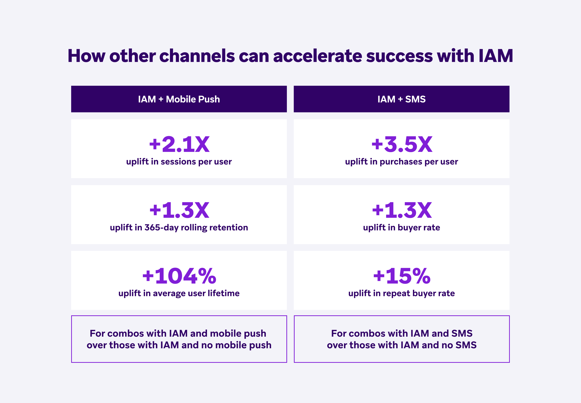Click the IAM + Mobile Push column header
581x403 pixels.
(x=179, y=99)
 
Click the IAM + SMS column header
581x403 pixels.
(x=402, y=99)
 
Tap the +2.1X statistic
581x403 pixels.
(x=179, y=144)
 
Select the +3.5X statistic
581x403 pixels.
(x=402, y=144)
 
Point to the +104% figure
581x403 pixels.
(x=179, y=276)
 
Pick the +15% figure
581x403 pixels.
(x=402, y=276)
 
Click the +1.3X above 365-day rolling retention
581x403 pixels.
(x=179, y=210)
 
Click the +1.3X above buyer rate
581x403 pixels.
(x=402, y=210)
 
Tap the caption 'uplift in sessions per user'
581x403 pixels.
(x=179, y=162)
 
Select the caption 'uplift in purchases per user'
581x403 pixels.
(x=402, y=162)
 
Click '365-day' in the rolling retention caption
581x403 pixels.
(x=161, y=227)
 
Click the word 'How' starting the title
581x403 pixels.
(x=87, y=56)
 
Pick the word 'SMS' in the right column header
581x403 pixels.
(x=415, y=99)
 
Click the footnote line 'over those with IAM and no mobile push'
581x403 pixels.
(x=179, y=345)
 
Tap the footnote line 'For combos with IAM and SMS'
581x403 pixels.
(x=402, y=333)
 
